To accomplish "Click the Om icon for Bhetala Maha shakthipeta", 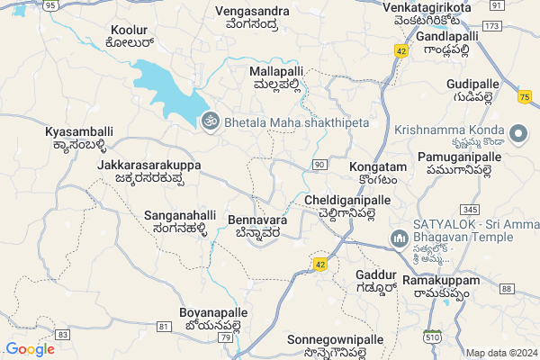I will click(x=210, y=121).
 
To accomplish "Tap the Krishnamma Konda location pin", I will click(x=518, y=134).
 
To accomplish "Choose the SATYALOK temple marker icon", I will click(x=398, y=239).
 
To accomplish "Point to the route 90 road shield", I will click(x=320, y=164).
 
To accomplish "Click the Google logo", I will click(x=30, y=349).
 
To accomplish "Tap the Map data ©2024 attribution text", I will click(x=500, y=353).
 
